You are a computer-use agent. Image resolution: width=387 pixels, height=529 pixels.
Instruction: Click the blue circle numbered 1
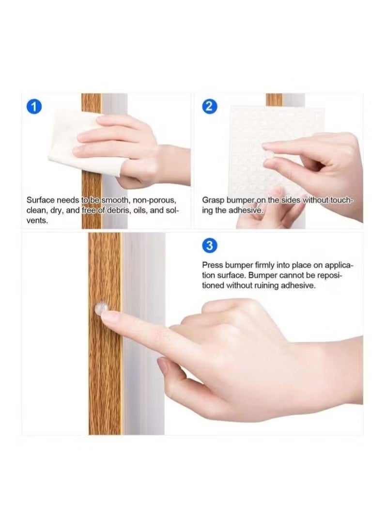34,107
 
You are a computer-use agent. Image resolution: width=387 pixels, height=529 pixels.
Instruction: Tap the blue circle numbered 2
209,107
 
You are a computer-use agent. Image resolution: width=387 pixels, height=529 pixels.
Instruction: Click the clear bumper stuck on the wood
101,308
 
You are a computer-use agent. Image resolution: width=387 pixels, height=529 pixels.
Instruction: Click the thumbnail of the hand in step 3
163,366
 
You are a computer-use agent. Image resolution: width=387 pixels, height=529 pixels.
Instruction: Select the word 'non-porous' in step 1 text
155,200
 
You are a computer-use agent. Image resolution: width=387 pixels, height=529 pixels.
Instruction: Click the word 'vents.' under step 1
37,221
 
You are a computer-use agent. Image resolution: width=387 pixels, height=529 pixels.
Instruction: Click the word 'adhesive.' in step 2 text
246,211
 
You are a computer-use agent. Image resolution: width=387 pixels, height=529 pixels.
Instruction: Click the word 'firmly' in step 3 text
265,265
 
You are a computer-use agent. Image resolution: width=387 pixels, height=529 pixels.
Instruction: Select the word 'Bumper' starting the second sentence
263,275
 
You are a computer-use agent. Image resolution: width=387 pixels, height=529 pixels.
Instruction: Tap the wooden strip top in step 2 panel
274,99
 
